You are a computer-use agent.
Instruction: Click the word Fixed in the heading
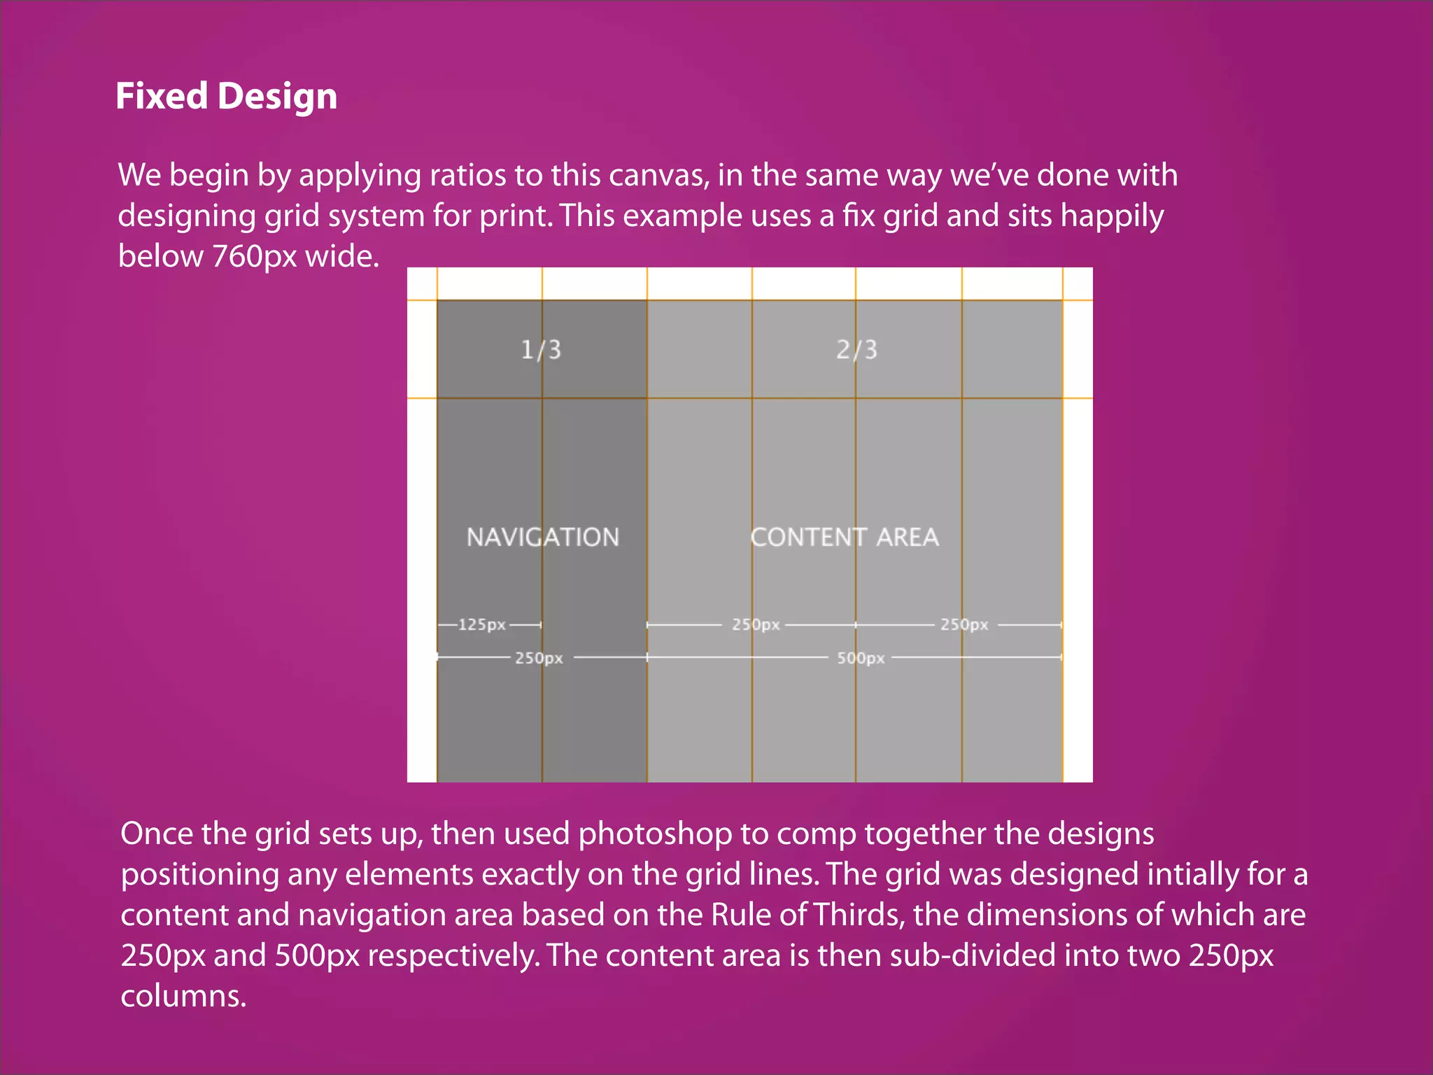click(162, 96)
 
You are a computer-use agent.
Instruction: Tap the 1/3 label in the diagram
click(541, 349)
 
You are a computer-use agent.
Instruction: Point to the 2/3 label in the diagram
click(856, 349)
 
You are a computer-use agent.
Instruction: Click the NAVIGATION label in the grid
click(543, 537)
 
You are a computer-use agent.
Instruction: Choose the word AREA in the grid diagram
click(908, 537)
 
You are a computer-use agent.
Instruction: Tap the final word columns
click(183, 996)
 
